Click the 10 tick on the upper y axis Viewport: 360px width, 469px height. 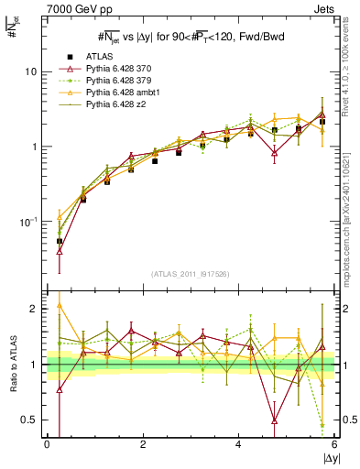coord(31,71)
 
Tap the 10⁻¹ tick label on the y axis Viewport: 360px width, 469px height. coord(27,222)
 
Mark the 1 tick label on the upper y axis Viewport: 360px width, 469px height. coord(34,147)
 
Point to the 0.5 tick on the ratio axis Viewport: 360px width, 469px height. coord(29,420)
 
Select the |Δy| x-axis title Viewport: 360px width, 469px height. coord(326,459)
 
